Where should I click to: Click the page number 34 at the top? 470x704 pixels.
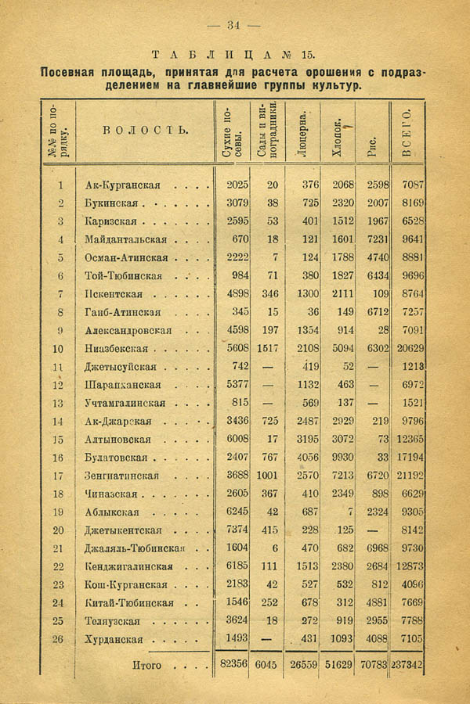tap(233, 25)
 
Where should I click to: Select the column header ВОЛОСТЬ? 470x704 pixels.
tap(146, 130)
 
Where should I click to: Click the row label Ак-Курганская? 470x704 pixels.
tap(122, 185)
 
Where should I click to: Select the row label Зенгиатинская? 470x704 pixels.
tap(121, 476)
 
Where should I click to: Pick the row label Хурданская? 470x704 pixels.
tap(114, 639)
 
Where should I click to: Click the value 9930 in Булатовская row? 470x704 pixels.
tap(338, 458)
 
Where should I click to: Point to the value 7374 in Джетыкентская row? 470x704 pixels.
tap(236, 530)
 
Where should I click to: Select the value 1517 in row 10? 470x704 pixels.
tap(266, 349)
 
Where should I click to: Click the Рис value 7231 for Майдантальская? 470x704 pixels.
tap(372, 239)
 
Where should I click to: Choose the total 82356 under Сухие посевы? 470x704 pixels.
tap(233, 665)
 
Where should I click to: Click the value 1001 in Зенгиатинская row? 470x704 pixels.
tap(266, 476)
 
